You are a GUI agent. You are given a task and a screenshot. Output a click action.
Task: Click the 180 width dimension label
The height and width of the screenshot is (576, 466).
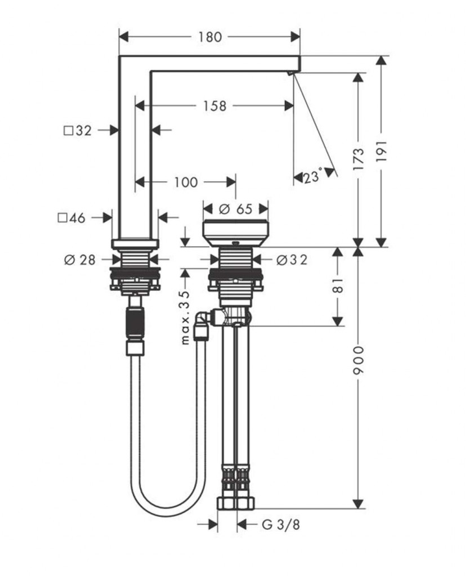coord(209,38)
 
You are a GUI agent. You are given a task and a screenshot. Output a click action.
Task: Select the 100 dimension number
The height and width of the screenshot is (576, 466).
coord(186,182)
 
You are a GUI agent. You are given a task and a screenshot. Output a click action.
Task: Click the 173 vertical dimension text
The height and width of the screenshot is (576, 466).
coord(359,159)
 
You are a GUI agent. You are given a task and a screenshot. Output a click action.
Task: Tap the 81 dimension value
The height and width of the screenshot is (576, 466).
coord(338,286)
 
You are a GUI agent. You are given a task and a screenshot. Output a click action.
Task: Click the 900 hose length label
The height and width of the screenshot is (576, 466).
coord(359,362)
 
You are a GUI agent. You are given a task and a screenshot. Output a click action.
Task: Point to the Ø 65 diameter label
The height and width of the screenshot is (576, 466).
coord(235,209)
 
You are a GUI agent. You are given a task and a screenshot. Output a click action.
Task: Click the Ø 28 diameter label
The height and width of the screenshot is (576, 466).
coord(80,259)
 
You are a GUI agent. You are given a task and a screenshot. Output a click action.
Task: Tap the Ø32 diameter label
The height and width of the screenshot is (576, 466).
coord(292,259)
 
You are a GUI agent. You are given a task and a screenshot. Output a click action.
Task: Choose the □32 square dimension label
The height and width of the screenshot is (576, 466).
coord(78,131)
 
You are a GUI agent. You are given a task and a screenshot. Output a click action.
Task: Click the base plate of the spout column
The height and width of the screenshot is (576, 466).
coord(135,244)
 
